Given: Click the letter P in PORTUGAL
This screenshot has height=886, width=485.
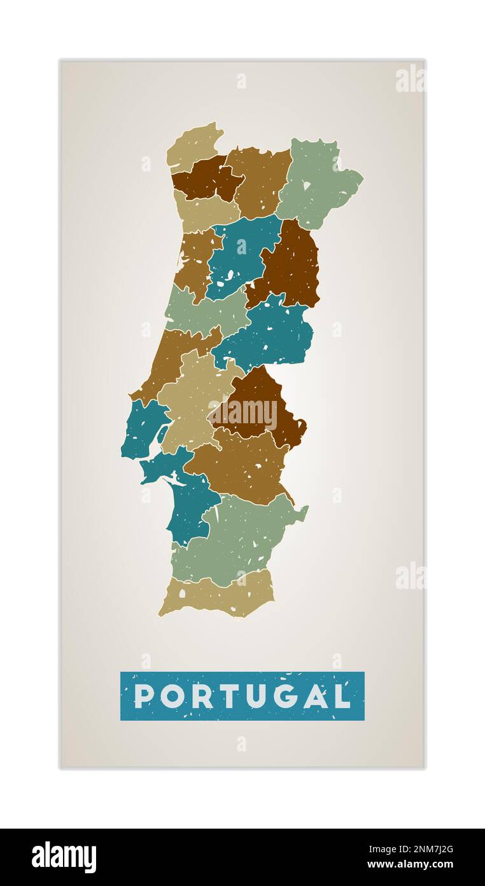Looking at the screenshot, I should click(x=144, y=696).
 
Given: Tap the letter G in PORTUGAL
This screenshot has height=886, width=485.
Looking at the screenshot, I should click(x=288, y=696).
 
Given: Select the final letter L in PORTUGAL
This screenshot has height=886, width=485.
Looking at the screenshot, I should click(x=344, y=696).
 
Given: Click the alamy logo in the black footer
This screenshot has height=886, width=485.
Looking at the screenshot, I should click(x=64, y=857).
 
